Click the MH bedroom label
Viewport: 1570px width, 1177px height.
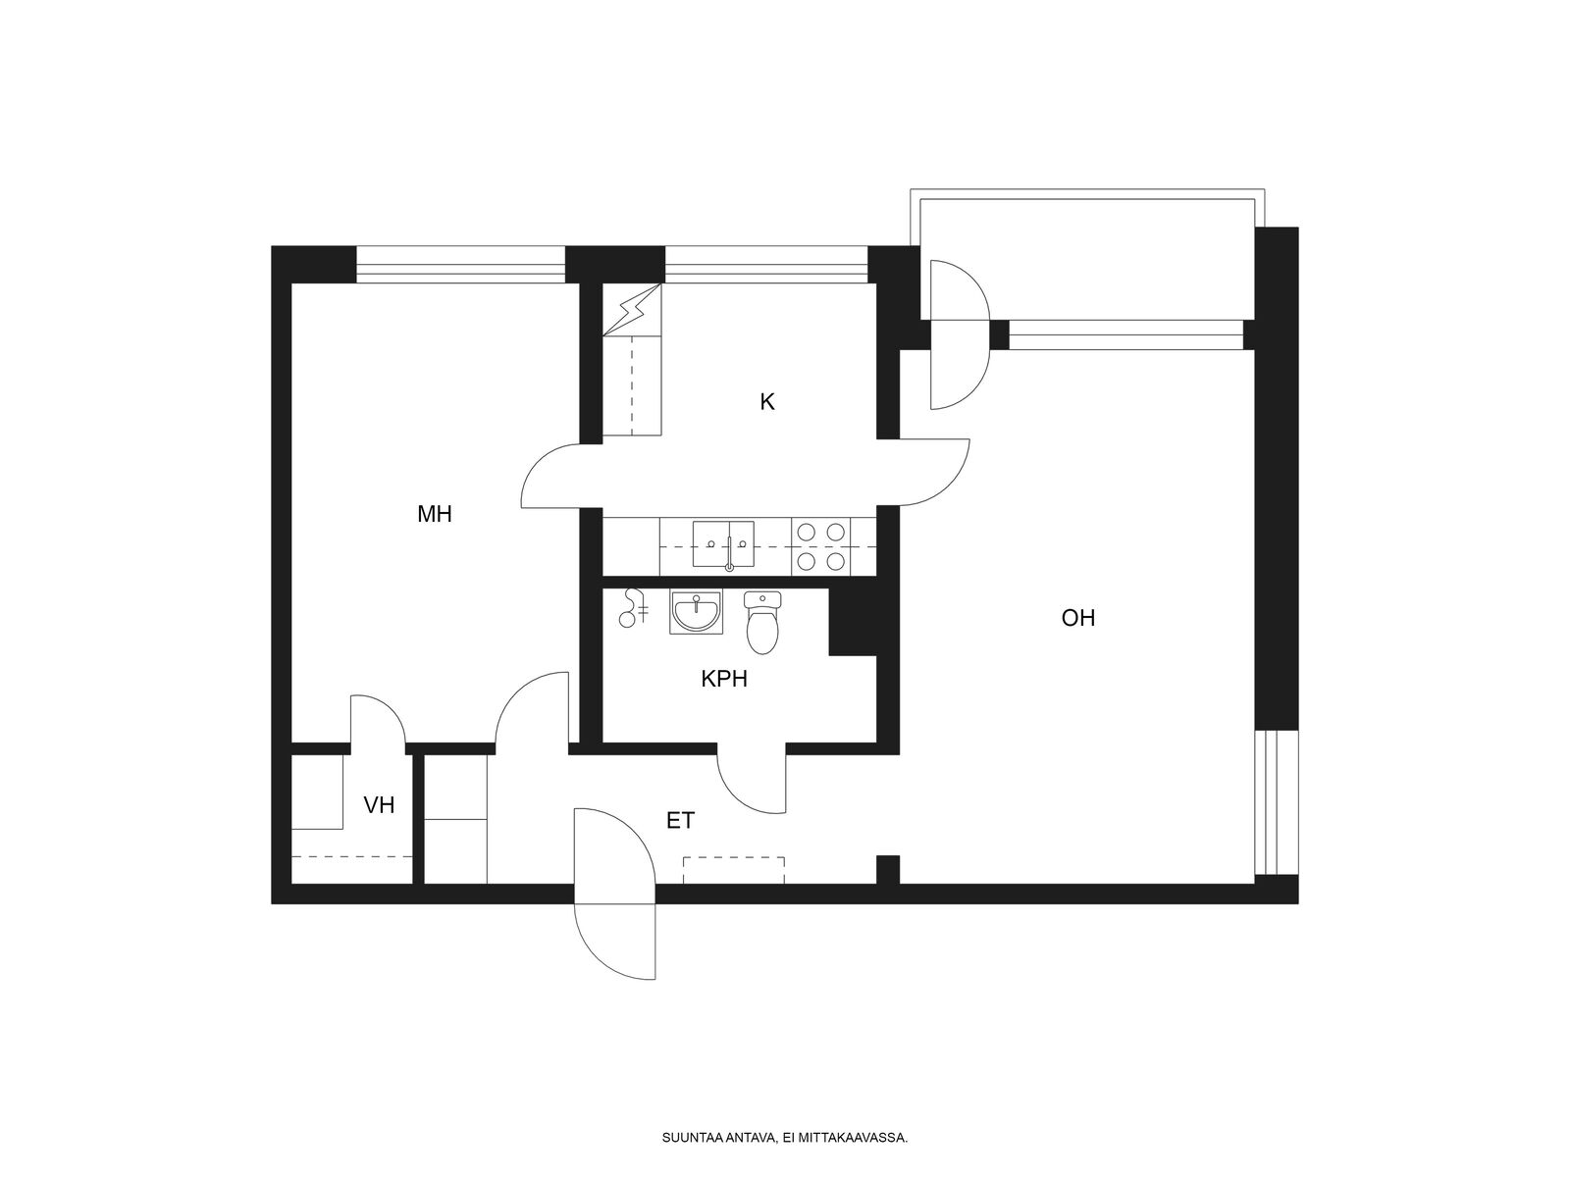coord(434,514)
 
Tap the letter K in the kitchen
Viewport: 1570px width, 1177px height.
coord(766,402)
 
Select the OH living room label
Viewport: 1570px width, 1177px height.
coord(1077,618)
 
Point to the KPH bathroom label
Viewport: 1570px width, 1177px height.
coord(724,679)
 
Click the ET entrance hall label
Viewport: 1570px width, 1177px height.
coord(680,821)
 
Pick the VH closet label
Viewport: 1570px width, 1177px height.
coord(379,805)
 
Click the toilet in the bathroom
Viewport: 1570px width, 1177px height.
coord(762,623)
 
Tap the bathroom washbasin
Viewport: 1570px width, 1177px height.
coord(696,612)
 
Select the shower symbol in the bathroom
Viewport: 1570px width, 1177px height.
coord(634,609)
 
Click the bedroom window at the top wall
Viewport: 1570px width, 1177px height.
coord(460,265)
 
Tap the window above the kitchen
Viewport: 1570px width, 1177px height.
coord(766,265)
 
